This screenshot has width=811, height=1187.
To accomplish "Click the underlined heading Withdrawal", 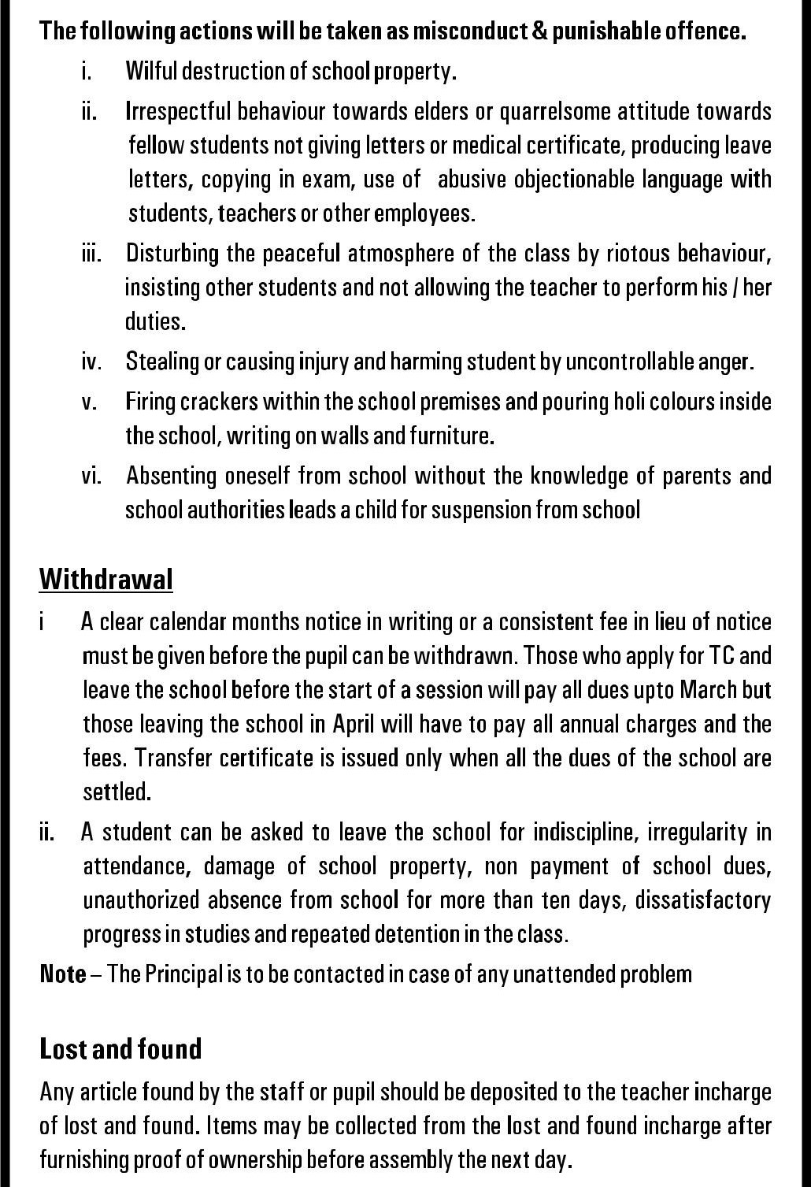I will [106, 579].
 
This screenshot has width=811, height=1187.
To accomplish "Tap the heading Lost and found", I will [120, 1049].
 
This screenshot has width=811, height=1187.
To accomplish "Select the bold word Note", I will [63, 974].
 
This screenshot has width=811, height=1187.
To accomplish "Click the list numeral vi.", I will [91, 476].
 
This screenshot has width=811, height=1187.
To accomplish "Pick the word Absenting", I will [171, 476].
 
